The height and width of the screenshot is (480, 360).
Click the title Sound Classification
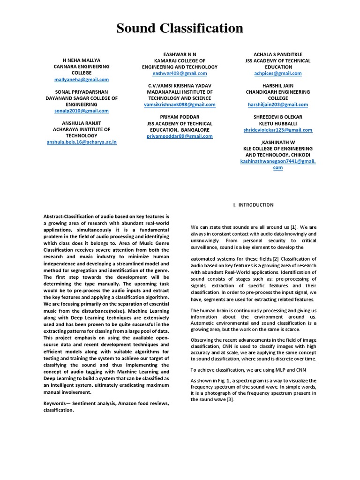tap(180, 29)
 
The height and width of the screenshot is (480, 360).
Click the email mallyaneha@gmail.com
tap(82, 80)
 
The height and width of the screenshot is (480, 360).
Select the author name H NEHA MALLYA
tap(82, 60)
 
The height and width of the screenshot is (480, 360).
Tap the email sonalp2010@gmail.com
tap(82, 111)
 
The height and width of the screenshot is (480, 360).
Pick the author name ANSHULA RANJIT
tap(82, 123)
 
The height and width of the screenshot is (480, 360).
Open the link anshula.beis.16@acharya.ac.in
tap(82, 142)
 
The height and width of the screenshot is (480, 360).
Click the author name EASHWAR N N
tap(180, 54)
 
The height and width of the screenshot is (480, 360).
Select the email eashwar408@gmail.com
tap(180, 74)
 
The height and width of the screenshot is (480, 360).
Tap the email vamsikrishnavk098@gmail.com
tap(180, 105)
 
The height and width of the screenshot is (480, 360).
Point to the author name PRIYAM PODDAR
tap(180, 117)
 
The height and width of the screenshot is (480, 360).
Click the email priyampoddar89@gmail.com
tap(180, 136)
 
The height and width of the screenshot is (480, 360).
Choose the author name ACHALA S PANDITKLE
tap(278, 54)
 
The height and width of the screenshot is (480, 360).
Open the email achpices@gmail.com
tap(278, 74)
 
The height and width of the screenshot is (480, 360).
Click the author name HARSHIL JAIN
tap(278, 86)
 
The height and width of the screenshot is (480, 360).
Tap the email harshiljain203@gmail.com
tap(278, 105)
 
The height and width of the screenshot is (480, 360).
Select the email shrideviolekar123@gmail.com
tap(278, 129)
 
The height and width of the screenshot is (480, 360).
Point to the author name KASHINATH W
tap(278, 142)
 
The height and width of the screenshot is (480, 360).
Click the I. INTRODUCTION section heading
tap(254, 205)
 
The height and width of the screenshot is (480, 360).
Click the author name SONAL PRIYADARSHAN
tap(82, 92)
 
